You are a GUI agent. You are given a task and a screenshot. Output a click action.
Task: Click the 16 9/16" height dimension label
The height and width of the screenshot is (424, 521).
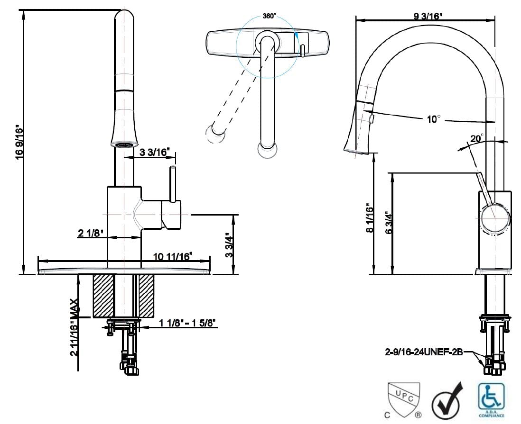pos(19,142)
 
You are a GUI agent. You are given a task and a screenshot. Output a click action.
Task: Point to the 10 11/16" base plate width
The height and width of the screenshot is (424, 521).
pos(172,256)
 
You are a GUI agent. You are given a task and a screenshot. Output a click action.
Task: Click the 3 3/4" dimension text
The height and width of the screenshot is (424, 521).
pos(229,244)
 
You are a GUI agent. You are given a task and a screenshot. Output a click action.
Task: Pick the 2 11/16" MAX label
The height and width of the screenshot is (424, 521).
pos(74,327)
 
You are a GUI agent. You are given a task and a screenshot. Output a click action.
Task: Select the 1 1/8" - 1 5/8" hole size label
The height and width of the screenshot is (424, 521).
pos(188,323)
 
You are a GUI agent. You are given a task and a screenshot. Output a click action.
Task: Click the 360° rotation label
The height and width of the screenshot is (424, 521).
pos(269,16)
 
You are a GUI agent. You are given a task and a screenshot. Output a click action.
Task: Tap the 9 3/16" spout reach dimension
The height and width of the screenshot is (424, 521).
pos(428,16)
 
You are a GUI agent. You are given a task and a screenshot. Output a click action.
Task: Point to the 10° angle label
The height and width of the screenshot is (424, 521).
pos(433,119)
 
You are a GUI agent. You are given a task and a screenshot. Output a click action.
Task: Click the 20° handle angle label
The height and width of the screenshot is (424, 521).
pos(476,138)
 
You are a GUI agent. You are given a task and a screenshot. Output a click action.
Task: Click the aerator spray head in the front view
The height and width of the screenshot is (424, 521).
pos(125,144)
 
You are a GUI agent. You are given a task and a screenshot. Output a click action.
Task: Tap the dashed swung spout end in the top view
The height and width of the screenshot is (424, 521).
pos(215,134)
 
